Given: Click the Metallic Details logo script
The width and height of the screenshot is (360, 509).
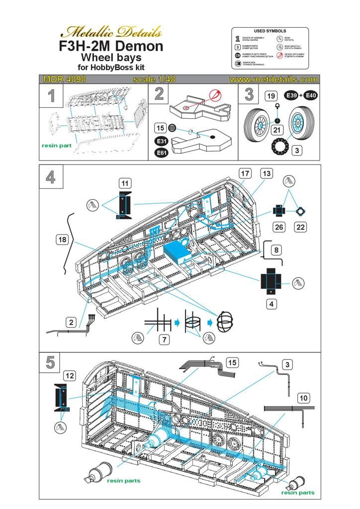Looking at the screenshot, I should point(110,32).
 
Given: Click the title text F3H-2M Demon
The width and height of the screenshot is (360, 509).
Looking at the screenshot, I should point(110,46).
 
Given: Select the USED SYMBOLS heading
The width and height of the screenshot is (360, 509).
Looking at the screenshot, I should point(270,31).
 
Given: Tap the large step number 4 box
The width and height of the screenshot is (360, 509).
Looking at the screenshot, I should point(51,177).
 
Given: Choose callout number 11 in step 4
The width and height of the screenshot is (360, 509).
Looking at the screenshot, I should point(126,183).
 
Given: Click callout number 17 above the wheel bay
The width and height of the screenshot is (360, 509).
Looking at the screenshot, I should point(244,173).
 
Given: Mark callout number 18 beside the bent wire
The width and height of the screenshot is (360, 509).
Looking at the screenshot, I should point(62,240).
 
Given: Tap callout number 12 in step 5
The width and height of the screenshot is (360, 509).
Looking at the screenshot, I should point(70,376).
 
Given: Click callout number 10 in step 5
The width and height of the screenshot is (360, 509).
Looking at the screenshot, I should point(304,398).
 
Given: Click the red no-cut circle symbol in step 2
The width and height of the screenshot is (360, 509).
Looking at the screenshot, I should point(215,95).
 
